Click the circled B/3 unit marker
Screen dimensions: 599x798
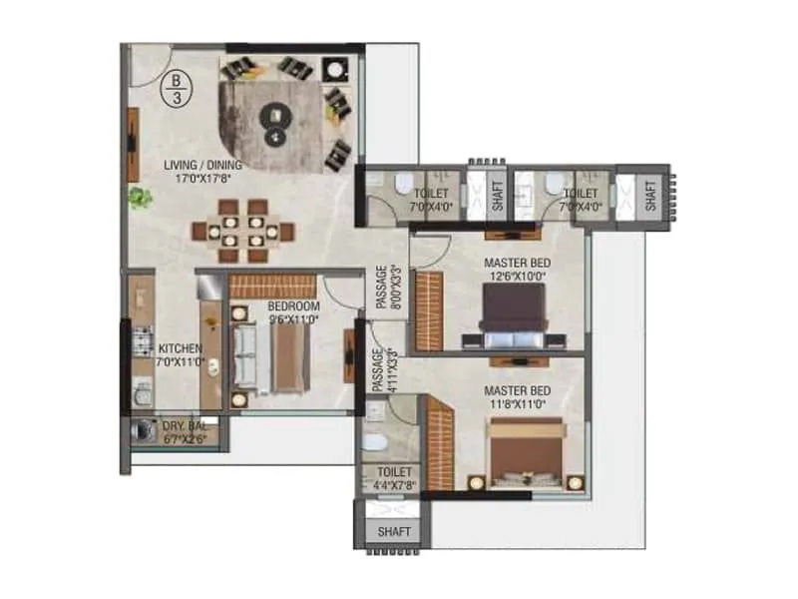[x=177, y=87]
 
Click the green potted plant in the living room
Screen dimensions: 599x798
[x=140, y=198]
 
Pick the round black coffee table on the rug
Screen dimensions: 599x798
[x=272, y=118]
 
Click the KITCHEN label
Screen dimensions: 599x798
[x=180, y=348]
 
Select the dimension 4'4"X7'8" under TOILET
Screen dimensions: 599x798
[x=394, y=487]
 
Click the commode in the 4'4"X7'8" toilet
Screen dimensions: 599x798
[x=373, y=440]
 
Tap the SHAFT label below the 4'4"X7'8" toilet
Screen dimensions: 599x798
[x=394, y=532]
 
